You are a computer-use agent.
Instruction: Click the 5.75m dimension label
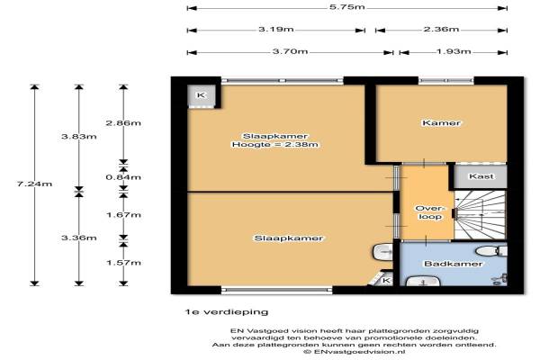click(346, 7)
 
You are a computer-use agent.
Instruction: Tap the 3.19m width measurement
click(276, 30)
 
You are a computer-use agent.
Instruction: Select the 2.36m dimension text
click(441, 30)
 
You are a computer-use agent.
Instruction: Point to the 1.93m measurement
click(454, 51)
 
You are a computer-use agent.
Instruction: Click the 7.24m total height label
click(34, 184)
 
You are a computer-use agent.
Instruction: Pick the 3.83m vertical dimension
click(79, 137)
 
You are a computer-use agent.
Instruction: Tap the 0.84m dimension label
click(123, 177)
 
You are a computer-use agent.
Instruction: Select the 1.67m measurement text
click(123, 215)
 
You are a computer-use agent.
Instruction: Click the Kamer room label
click(441, 123)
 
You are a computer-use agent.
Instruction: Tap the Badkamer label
click(454, 264)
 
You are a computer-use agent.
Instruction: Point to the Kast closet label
click(481, 176)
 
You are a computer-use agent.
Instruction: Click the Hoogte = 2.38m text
click(274, 145)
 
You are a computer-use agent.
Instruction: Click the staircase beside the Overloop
click(480, 214)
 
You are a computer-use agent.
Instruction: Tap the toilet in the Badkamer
click(491, 251)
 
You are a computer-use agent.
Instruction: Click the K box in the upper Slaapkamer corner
click(201, 95)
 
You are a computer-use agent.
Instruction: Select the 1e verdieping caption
click(227, 312)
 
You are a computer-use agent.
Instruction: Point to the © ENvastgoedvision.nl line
click(355, 352)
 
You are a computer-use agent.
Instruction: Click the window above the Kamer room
click(446, 81)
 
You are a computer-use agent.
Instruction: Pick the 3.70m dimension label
click(291, 51)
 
